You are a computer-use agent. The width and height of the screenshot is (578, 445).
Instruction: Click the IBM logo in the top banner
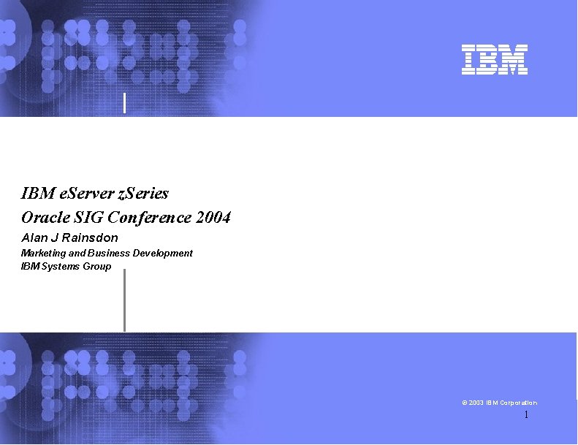point(494,60)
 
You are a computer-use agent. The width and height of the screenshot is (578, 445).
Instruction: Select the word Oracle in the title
point(45,218)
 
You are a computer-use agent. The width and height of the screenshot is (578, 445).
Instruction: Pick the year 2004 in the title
point(213,218)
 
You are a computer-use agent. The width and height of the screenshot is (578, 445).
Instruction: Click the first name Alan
point(34,237)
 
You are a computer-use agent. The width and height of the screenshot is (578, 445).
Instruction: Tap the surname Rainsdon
point(90,237)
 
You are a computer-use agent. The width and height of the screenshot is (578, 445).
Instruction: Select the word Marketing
point(43,253)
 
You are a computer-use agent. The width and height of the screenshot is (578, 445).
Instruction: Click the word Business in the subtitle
point(107,253)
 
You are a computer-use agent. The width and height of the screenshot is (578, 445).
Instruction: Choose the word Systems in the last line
point(61,266)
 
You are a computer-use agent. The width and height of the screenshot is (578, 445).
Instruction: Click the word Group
point(97,266)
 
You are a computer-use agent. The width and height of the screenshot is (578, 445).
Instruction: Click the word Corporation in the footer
point(520,403)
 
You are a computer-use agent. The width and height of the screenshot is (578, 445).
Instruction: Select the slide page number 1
point(525,416)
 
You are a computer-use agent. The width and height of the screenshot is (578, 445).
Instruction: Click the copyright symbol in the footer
point(465,403)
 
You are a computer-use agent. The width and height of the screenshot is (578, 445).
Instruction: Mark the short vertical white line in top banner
point(125,103)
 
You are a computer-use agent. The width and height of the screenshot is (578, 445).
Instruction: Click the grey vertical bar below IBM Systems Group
point(124,300)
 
